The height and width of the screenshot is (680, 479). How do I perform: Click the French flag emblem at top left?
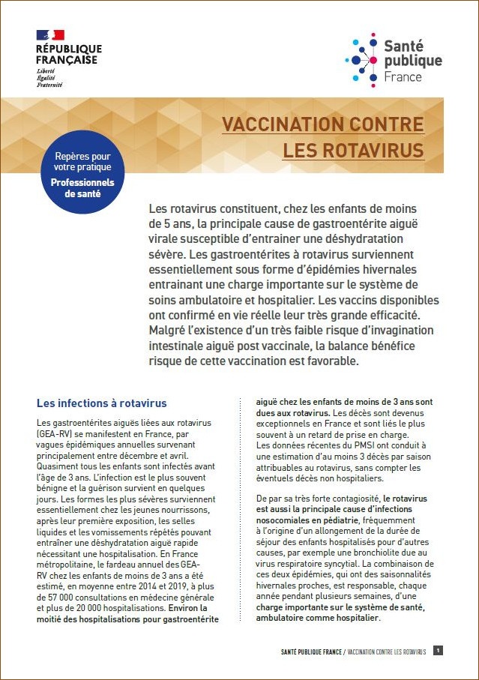[x=50, y=34]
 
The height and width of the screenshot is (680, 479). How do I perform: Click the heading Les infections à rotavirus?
[x=101, y=403]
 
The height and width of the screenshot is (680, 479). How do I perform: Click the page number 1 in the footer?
[x=438, y=651]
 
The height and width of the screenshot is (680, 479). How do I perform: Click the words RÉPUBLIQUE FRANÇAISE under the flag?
[x=69, y=54]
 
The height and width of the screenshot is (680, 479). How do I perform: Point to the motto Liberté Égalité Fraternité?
[x=49, y=77]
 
